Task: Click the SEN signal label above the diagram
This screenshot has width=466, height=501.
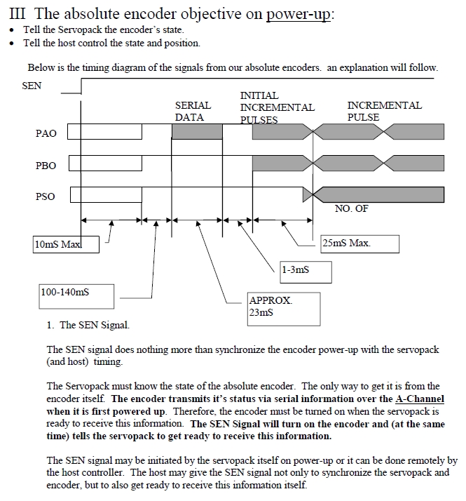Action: click(x=32, y=86)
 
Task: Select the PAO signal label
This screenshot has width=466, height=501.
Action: click(x=46, y=133)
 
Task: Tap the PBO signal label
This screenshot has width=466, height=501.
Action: click(x=46, y=166)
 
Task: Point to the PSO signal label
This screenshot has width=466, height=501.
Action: click(x=45, y=197)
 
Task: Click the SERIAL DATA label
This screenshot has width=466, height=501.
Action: click(x=193, y=111)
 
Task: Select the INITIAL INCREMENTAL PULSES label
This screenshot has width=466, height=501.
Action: click(x=277, y=107)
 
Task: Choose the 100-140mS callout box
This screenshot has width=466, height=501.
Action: click(x=76, y=295)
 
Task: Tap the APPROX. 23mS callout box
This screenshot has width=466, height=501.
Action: click(x=284, y=307)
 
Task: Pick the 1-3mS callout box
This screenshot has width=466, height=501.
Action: click(x=304, y=270)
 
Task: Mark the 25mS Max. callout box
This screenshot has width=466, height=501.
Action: click(x=359, y=243)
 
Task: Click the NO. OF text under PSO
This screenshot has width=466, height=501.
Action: click(x=352, y=208)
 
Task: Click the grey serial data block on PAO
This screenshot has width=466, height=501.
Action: click(x=197, y=131)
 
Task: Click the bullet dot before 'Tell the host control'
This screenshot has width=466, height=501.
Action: click(x=12, y=44)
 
